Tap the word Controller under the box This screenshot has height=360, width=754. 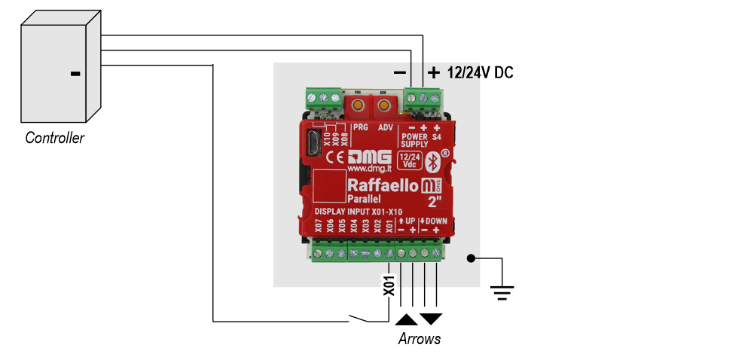pyautogui.click(x=55, y=139)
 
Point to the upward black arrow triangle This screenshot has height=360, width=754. pyautogui.click(x=406, y=319)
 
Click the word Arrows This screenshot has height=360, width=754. pyautogui.click(x=419, y=339)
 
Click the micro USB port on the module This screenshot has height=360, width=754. pyautogui.click(x=313, y=143)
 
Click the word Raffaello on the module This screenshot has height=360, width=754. pyautogui.click(x=382, y=185)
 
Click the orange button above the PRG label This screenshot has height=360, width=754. pyautogui.click(x=359, y=105)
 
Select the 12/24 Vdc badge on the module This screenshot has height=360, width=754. pyautogui.click(x=410, y=160)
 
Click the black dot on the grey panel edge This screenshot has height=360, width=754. pyautogui.click(x=471, y=258)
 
